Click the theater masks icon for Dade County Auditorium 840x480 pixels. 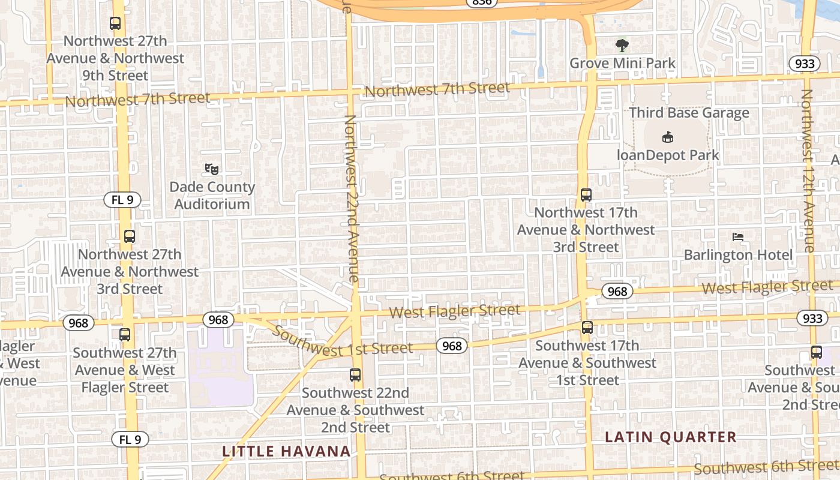pyautogui.click(x=211, y=169)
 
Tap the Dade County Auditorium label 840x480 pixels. pyautogui.click(x=212, y=196)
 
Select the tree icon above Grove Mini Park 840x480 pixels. pyautogui.click(x=622, y=46)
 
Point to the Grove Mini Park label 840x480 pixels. pyautogui.click(x=622, y=63)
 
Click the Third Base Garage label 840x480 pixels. pyautogui.click(x=689, y=113)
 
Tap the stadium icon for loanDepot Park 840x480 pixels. pyautogui.click(x=667, y=137)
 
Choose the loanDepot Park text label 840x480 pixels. pyautogui.click(x=668, y=155)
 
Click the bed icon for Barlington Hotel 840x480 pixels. pyautogui.click(x=738, y=237)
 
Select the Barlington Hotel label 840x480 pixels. pyautogui.click(x=738, y=255)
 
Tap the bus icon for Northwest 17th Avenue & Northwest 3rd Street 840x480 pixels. pyautogui.click(x=586, y=195)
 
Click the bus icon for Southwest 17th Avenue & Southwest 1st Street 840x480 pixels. pyautogui.click(x=587, y=328)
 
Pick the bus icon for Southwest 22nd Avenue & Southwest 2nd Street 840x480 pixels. pyautogui.click(x=355, y=375)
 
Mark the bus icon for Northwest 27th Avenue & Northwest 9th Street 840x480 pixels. pyautogui.click(x=115, y=23)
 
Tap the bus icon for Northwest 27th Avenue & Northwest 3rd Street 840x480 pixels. pyautogui.click(x=130, y=236)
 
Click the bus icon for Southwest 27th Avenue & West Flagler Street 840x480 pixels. pyautogui.click(x=125, y=335)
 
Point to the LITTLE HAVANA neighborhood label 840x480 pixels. pyautogui.click(x=286, y=451)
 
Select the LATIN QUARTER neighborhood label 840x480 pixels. pyautogui.click(x=670, y=437)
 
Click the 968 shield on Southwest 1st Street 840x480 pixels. pyautogui.click(x=451, y=346)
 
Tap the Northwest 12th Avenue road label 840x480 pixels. pyautogui.click(x=808, y=171)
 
